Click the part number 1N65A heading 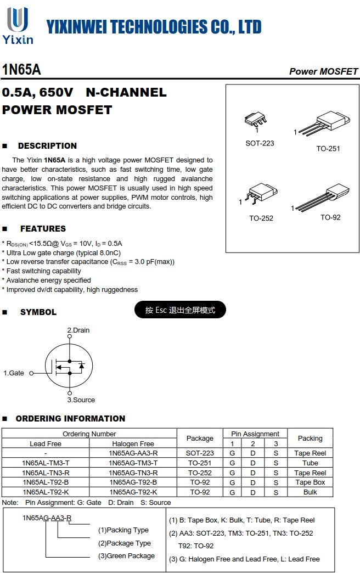(x=21, y=70)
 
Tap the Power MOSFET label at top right (x=323, y=71)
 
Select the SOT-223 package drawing (x=256, y=120)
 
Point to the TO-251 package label (x=328, y=149)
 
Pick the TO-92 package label (x=330, y=217)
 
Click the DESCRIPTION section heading (x=47, y=146)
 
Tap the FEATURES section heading (x=43, y=229)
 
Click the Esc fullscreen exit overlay (x=180, y=310)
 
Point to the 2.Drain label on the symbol (x=78, y=330)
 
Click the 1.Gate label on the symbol (x=14, y=373)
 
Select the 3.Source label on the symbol (x=81, y=400)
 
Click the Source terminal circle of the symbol (x=70, y=393)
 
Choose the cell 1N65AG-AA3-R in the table (x=133, y=453)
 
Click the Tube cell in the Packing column (x=310, y=463)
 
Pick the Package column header (x=200, y=439)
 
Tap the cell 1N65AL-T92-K (x=46, y=492)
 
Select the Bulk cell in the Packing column (x=310, y=492)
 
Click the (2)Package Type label (x=124, y=543)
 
